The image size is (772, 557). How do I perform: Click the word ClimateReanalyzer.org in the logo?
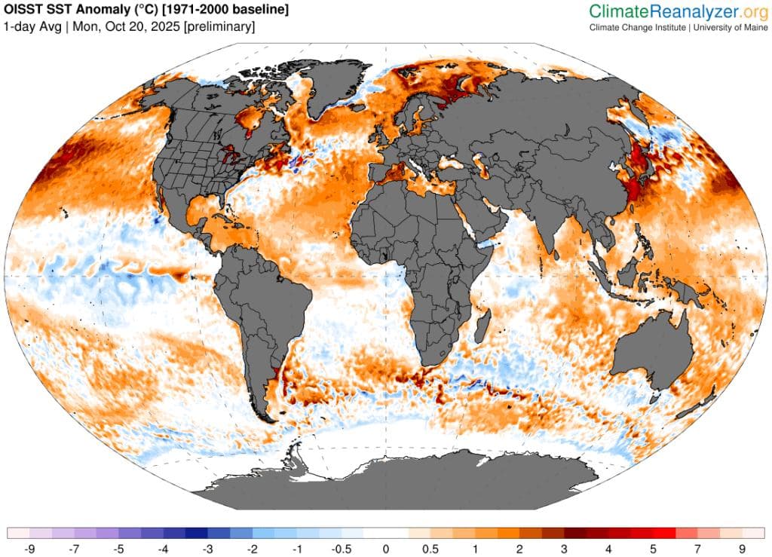[678, 11]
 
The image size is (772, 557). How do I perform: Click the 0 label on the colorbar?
[385, 548]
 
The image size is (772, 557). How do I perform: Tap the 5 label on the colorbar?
[653, 548]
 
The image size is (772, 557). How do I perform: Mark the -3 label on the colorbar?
[207, 548]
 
